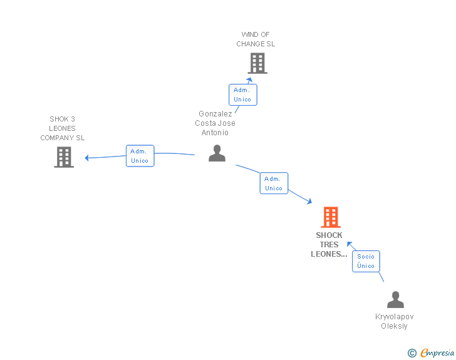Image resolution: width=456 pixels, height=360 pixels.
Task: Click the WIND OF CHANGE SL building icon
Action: (257, 63)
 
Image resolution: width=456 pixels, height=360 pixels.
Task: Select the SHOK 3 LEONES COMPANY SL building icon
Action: (64, 157)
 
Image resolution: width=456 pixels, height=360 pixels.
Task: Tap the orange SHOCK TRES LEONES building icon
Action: (331, 217)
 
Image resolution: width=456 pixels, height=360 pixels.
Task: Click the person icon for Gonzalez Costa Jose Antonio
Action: (217, 153)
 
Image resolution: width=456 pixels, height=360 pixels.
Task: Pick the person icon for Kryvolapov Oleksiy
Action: (395, 300)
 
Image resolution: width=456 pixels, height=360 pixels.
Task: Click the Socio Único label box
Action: (366, 261)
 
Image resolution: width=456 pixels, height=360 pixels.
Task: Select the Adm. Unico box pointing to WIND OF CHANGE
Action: (242, 95)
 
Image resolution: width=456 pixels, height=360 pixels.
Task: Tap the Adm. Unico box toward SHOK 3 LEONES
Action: (140, 156)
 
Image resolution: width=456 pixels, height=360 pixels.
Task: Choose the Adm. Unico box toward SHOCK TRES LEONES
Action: (274, 183)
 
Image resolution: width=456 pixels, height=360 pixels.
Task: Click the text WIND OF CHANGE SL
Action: (256, 39)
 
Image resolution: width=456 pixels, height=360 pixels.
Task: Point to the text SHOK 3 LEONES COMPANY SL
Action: (63, 128)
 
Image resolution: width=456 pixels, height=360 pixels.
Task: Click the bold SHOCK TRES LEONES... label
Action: (329, 245)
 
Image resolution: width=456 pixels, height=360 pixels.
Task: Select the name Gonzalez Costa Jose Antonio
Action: (215, 123)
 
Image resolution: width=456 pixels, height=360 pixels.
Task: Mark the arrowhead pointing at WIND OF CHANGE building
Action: (250, 80)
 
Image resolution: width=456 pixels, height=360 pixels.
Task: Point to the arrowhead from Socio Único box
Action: (350, 244)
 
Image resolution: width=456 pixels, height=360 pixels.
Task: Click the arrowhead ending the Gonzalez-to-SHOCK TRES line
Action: (309, 201)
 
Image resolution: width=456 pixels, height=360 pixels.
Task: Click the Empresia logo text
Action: (437, 353)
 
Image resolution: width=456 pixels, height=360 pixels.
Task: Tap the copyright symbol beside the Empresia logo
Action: (412, 354)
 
